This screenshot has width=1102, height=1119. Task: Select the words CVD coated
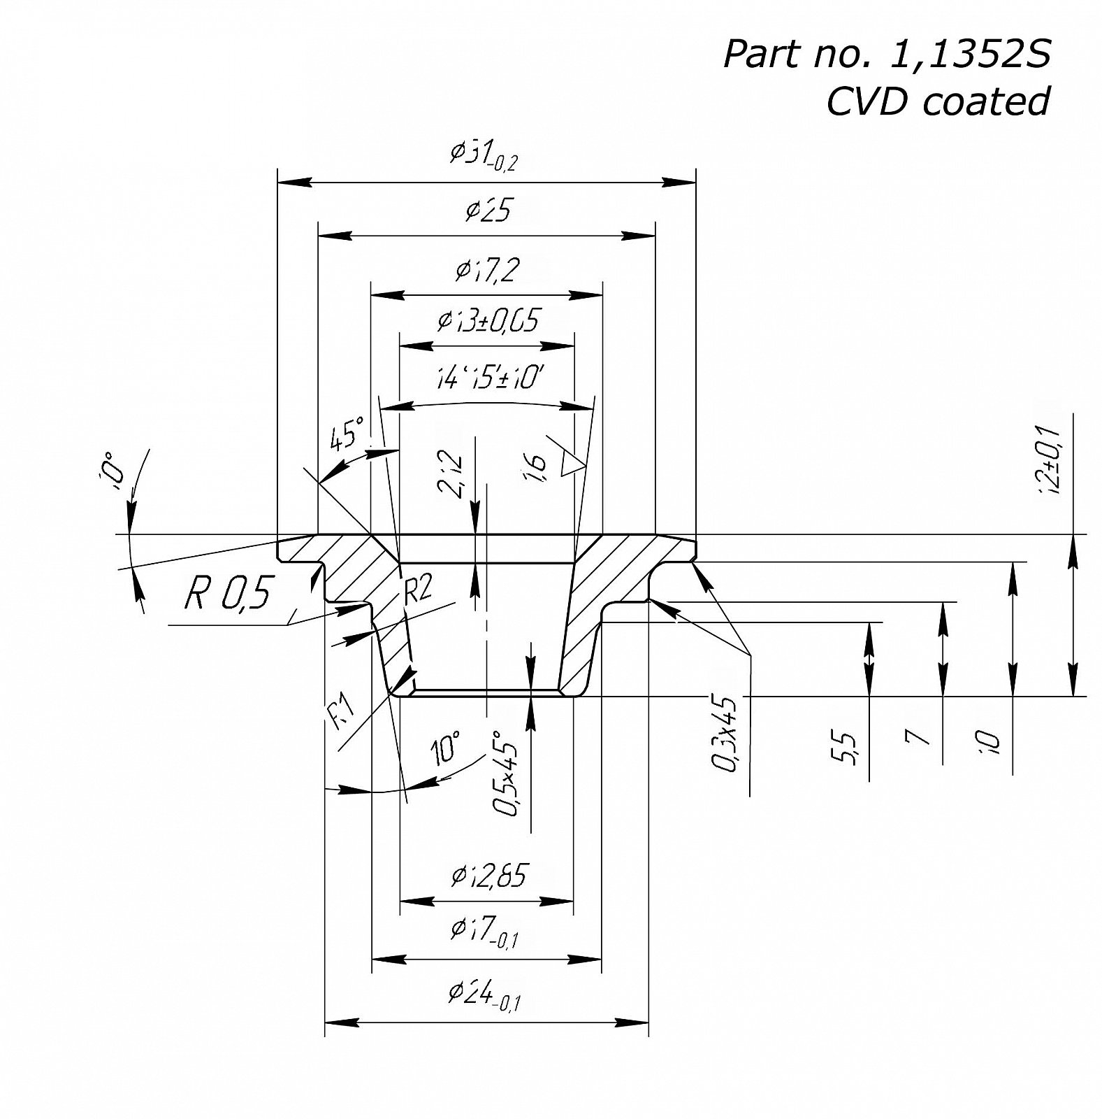coord(938,102)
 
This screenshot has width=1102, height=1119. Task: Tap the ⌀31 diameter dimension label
coord(484,155)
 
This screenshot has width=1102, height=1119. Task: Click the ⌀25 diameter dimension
coord(488,211)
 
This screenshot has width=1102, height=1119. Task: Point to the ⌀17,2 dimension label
coord(487,270)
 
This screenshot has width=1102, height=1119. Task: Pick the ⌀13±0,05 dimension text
coord(488,320)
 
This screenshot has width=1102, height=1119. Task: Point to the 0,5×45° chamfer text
coord(507,774)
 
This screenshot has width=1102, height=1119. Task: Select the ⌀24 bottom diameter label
coord(484,996)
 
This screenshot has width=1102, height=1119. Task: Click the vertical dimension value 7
coord(917,737)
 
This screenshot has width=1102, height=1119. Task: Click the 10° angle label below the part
coord(445,748)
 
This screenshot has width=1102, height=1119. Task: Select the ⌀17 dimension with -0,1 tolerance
coord(484,931)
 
